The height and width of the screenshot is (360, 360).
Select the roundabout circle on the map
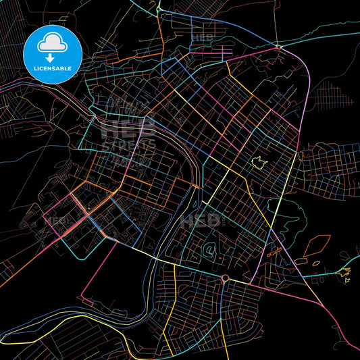click(x=224, y=278)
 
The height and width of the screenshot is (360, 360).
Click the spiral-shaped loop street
click(x=210, y=252)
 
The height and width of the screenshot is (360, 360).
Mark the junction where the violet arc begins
click(x=278, y=47)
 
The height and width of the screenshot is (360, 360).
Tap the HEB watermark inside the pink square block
click(x=58, y=220)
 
